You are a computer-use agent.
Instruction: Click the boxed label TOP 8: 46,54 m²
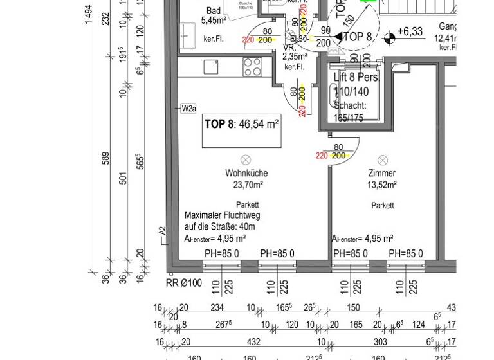click(241, 125)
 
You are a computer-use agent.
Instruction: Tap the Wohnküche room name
click(246, 174)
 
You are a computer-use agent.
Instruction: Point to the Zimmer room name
click(382, 174)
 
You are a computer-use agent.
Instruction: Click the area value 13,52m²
click(382, 184)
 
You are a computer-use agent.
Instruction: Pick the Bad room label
click(214, 11)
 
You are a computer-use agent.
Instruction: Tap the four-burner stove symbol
click(252, 66)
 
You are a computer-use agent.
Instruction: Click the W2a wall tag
click(188, 108)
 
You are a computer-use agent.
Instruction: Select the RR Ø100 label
click(184, 282)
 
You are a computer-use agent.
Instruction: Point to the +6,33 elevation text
click(410, 31)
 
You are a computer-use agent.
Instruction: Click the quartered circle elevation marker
click(389, 39)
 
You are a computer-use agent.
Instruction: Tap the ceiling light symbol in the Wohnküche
click(245, 159)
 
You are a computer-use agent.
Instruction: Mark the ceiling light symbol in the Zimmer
click(383, 159)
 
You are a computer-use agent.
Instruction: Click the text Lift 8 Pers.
click(357, 77)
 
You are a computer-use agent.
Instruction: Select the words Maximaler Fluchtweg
click(223, 216)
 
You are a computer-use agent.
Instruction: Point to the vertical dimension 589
click(105, 158)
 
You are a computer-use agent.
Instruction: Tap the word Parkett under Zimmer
click(382, 206)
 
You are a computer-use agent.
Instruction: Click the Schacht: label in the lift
click(350, 105)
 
